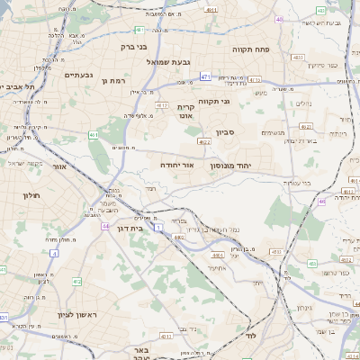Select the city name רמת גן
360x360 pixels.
point(93,81)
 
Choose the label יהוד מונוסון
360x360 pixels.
point(235,166)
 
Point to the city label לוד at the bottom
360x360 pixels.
point(250,335)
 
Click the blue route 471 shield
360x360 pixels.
point(206,76)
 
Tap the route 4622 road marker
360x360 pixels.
point(204,141)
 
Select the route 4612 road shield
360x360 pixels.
point(162,105)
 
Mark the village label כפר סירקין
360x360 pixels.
point(321,66)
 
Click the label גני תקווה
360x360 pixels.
point(238,101)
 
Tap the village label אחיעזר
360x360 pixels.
point(216,267)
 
